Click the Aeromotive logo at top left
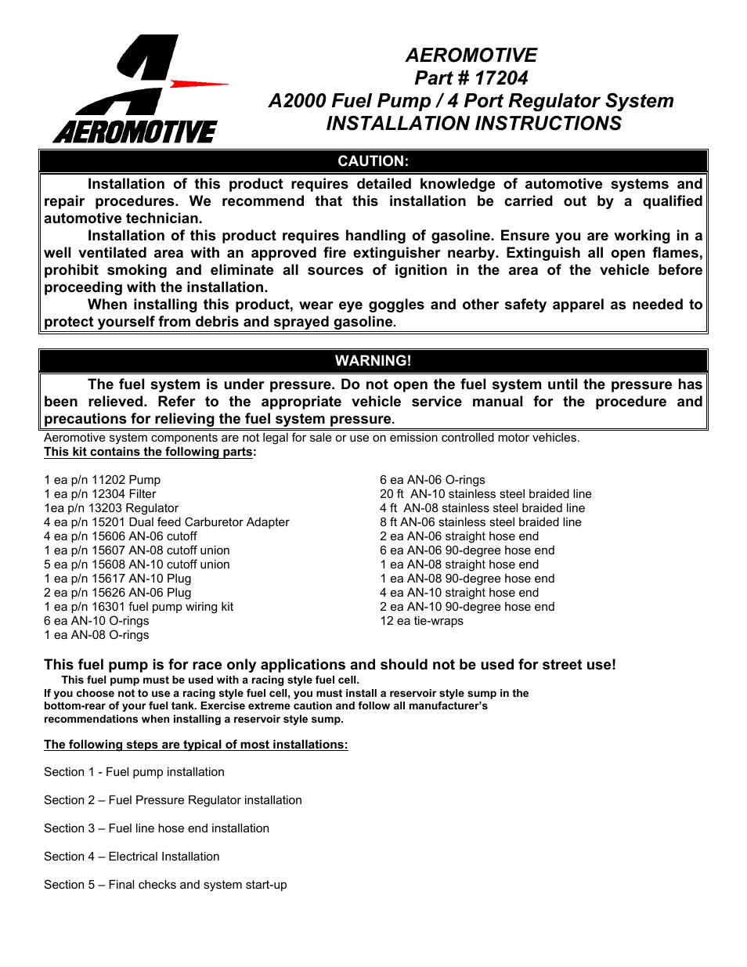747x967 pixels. click(x=137, y=90)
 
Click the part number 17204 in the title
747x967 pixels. click(x=501, y=78)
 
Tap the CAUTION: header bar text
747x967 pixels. click(x=373, y=161)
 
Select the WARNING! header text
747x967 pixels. click(x=373, y=361)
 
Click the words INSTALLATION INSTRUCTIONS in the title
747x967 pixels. click(x=473, y=124)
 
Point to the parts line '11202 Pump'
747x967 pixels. click(x=102, y=480)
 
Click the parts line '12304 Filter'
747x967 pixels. click(x=99, y=494)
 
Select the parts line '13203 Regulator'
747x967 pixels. click(x=110, y=508)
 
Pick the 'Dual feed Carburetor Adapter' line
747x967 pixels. click(x=166, y=522)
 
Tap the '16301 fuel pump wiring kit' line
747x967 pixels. click(x=138, y=607)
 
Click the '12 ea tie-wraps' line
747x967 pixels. click(x=421, y=621)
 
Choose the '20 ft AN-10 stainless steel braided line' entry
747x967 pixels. click(x=485, y=494)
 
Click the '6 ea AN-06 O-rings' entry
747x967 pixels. click(x=432, y=480)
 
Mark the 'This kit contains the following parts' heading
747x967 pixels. click(x=149, y=452)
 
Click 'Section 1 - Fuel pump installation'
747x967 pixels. click(x=134, y=772)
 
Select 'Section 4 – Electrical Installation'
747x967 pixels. click(x=132, y=857)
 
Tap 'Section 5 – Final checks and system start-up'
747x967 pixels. click(x=165, y=885)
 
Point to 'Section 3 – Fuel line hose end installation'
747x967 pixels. click(x=157, y=828)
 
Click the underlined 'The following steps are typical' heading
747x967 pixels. click(x=196, y=745)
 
